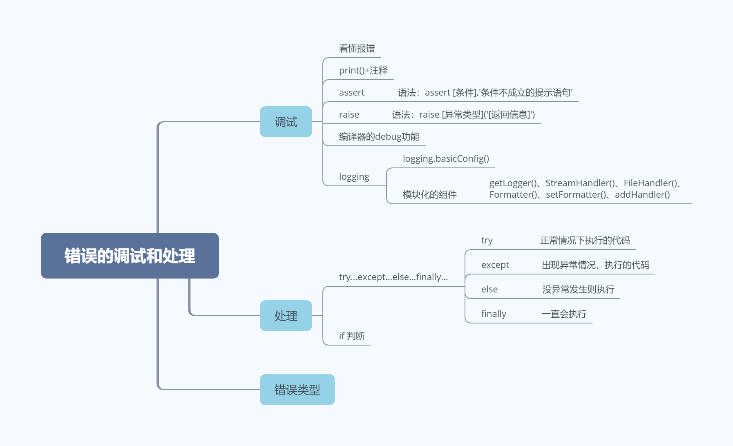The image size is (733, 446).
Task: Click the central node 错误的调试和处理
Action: (130, 256)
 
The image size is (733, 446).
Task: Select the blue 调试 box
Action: (286, 122)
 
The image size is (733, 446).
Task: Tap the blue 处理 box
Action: (286, 316)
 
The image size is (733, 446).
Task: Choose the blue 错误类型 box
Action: (297, 390)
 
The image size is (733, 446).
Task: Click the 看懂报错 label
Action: (357, 49)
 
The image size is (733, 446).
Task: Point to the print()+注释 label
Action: (363, 71)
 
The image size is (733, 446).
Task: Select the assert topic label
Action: (352, 93)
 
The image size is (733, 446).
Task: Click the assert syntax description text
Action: (485, 93)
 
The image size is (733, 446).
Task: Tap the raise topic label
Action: (349, 115)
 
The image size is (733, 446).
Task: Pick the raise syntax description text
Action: (463, 115)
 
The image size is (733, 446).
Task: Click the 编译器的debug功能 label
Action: (379, 137)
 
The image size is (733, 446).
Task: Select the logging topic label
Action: (354, 177)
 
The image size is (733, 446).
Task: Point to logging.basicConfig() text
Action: (446, 159)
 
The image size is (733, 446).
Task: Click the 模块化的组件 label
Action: (430, 195)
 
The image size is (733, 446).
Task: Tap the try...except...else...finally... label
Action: (393, 277)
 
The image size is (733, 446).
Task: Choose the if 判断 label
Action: (352, 336)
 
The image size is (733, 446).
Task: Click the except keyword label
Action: (495, 265)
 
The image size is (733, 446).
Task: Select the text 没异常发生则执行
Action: (578, 290)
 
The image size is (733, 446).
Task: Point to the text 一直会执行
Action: (564, 314)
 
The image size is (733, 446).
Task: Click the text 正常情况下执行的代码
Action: (585, 241)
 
